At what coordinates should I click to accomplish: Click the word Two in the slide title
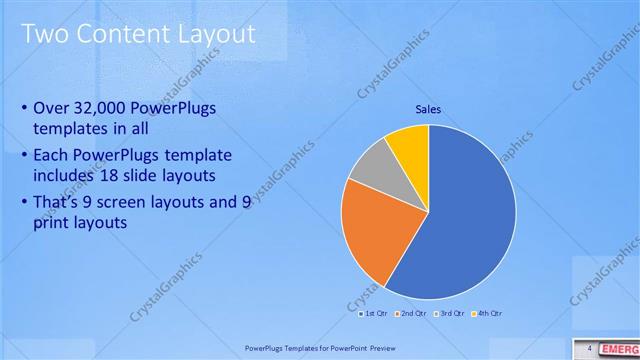click(x=45, y=35)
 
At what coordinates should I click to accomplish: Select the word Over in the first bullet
click(x=50, y=108)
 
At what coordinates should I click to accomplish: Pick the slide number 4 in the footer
click(x=590, y=348)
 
